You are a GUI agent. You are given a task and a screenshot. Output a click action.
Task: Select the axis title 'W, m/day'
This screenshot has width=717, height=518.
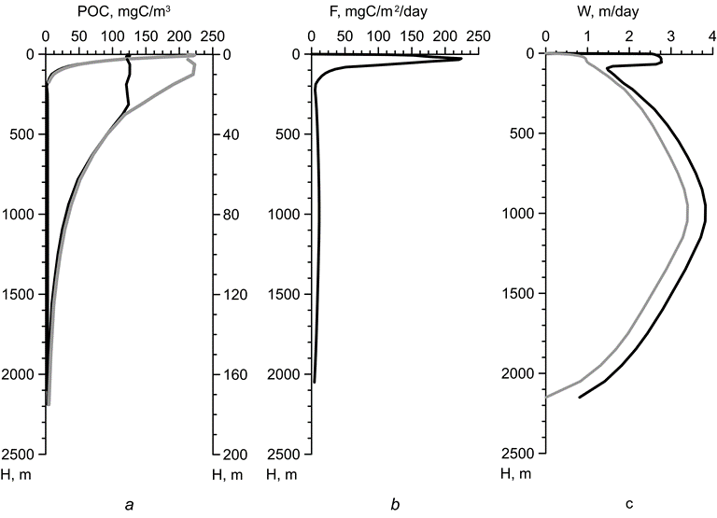click(628, 12)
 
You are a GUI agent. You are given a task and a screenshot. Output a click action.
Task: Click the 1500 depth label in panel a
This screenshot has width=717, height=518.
click(21, 295)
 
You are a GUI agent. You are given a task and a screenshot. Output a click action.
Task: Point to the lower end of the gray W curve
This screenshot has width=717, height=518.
click(546, 397)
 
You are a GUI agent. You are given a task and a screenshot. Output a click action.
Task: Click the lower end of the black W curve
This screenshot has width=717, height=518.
click(580, 398)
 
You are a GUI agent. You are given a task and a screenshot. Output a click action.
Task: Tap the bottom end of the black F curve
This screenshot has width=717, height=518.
click(315, 382)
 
